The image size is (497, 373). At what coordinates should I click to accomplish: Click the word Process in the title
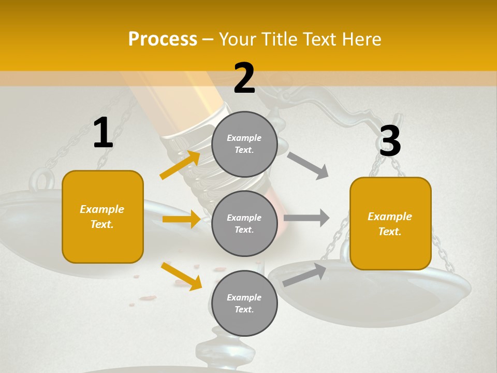[163, 39]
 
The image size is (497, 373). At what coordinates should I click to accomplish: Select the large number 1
[103, 133]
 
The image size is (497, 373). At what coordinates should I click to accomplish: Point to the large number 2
[244, 78]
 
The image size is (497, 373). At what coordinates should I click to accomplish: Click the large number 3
[390, 141]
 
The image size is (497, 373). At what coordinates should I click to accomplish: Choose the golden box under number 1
[103, 217]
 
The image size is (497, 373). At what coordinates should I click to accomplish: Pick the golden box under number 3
[390, 223]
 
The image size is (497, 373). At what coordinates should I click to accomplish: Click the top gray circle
[244, 144]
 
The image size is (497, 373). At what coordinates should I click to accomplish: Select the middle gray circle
[244, 223]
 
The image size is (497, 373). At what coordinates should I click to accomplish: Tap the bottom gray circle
[244, 303]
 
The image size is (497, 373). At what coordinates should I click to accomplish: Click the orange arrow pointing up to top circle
[180, 165]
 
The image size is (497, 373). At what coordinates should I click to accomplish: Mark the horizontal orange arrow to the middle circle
[181, 219]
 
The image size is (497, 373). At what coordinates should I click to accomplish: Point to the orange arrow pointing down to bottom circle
[181, 276]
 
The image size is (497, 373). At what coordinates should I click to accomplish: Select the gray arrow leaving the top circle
[308, 166]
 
